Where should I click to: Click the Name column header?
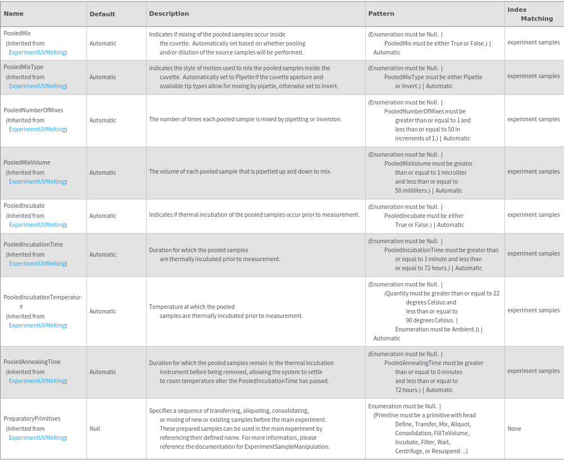pos(13,13)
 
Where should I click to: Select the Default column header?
pos(102,14)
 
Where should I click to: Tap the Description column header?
pos(169,13)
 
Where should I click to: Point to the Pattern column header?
pos(381,13)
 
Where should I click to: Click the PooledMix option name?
pos(17,34)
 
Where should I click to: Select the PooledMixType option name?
pos(24,67)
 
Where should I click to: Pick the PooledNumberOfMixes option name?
pos(33,110)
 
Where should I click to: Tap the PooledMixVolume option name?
pos(27,162)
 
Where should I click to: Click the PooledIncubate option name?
pos(24,206)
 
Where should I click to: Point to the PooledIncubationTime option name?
pos(33,244)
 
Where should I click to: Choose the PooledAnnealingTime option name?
pos(32,362)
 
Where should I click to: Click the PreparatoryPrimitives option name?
pos(32,418)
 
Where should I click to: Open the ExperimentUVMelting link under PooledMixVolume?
pos(38,181)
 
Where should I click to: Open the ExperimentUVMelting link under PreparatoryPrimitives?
pos(38,438)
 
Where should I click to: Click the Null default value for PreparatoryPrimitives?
pos(95,429)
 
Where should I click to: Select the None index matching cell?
pos(514,429)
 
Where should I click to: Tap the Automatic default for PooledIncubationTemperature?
pos(103,311)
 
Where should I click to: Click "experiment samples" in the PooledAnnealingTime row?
pos(533,371)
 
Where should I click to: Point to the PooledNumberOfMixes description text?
pos(245,119)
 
